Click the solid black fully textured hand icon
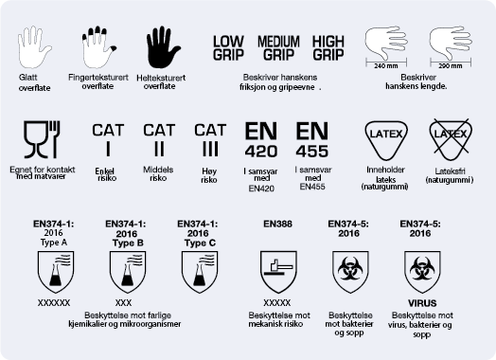(163, 47)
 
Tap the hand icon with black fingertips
(98, 47)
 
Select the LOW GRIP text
(228, 48)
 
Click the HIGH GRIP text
(328, 48)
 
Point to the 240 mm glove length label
(386, 66)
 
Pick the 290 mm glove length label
(451, 66)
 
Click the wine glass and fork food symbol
(42, 139)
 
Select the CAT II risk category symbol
(159, 140)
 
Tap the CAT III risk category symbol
(210, 140)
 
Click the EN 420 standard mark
(261, 139)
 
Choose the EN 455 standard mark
(312, 139)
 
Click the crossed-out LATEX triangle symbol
(451, 139)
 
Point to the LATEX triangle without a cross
(386, 140)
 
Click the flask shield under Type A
(56, 272)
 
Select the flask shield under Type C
(200, 272)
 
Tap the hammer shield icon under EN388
(278, 272)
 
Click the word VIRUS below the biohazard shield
(422, 303)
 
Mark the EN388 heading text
(277, 225)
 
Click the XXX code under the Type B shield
(123, 303)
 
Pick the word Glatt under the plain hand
(27, 78)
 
